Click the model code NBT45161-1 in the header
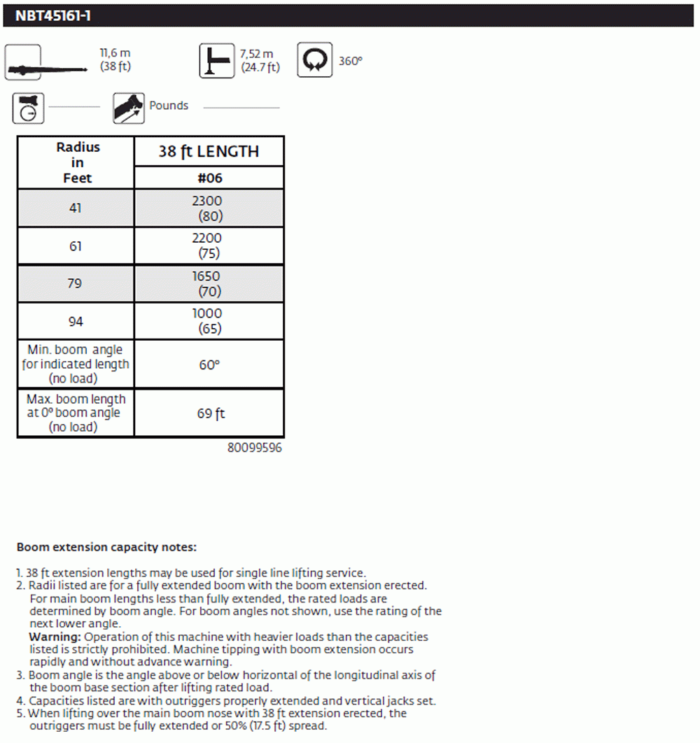[x=53, y=15]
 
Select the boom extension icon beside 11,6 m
[x=23, y=62]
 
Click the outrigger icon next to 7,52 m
[x=216, y=60]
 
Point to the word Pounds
[x=169, y=106]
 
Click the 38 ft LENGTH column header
[x=209, y=151]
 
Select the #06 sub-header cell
[x=209, y=178]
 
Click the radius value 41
[x=76, y=208]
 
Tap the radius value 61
[x=76, y=246]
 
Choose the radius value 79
[x=76, y=283]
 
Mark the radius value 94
[x=76, y=321]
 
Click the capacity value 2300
[x=207, y=201]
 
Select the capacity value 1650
[x=207, y=276]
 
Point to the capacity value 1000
[x=207, y=314]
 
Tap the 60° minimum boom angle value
[x=209, y=365]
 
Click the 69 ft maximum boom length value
[x=211, y=413]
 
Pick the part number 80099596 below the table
[x=255, y=448]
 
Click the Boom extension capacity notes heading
[x=106, y=547]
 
